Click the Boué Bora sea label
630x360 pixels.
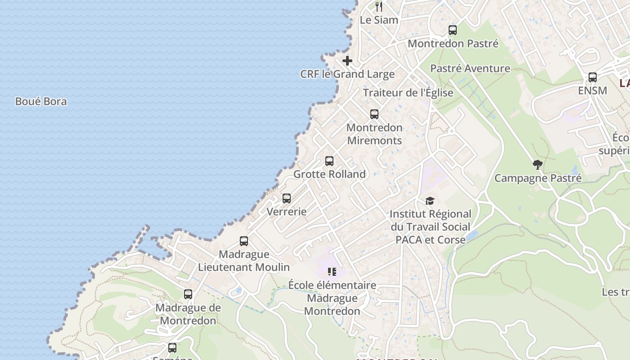pos(41,101)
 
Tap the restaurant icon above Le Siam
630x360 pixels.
pos(379,6)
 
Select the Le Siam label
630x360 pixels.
pos(379,20)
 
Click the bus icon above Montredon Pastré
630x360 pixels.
pos(453,30)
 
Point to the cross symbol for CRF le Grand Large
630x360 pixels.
pos(347,61)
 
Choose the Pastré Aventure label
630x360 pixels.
pos(470,68)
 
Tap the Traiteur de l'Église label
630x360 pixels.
pos(408,93)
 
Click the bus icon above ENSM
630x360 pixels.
pos(593,77)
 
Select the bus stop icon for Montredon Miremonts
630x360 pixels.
pos(374,114)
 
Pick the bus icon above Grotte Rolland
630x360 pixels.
pos(329,161)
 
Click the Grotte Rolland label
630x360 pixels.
pos(329,174)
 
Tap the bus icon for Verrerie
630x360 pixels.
pos(287,198)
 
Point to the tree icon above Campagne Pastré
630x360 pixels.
pos(537,165)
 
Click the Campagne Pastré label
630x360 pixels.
pos(538,178)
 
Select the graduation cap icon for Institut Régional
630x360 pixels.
pos(430,201)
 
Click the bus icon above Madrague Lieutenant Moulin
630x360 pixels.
pos(244,241)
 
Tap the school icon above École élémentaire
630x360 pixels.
pos(332,272)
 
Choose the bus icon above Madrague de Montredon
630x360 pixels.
pos(188,294)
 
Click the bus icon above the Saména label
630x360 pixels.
pos(172,347)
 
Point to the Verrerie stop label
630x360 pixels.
pos(287,211)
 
